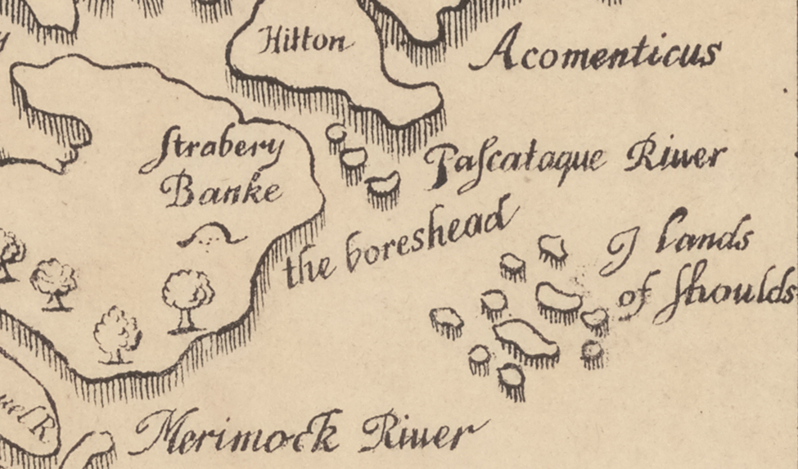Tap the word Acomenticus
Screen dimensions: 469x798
click(595, 54)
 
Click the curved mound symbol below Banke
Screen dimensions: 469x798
click(212, 237)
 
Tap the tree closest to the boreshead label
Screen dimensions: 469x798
click(187, 300)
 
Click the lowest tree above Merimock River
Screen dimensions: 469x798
click(118, 334)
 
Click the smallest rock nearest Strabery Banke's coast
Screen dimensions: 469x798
click(335, 135)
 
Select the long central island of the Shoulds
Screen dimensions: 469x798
click(525, 339)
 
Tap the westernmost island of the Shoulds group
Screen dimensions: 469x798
click(446, 321)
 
